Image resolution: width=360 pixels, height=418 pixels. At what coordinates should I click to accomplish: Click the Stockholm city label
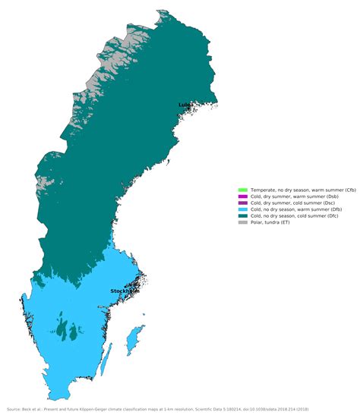(x=125, y=291)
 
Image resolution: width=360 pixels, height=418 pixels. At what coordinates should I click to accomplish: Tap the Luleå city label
(x=185, y=105)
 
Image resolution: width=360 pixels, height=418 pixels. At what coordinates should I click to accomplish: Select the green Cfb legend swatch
(x=242, y=189)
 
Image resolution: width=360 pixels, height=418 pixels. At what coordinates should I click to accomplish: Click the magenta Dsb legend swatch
(x=242, y=196)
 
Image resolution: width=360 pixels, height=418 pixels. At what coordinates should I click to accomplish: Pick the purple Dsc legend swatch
(x=242, y=203)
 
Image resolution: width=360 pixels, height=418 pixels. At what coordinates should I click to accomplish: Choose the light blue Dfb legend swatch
(x=242, y=209)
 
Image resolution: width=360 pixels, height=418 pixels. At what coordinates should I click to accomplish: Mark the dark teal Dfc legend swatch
(x=242, y=216)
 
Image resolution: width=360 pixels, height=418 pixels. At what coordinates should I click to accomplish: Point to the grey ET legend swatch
(x=242, y=223)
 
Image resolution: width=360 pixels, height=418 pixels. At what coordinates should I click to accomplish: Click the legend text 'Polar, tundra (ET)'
(x=270, y=223)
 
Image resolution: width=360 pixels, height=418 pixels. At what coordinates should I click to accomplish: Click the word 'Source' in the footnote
(x=14, y=409)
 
